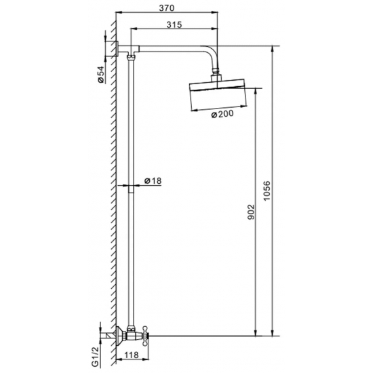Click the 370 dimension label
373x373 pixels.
coord(167,8)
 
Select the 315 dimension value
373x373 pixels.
coord(174,24)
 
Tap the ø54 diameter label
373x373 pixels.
coord(101,74)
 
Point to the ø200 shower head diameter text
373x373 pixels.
coord(222,114)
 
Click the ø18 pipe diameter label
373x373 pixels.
coord(153,181)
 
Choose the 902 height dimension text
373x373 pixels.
coord(251,212)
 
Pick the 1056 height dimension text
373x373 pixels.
coord(267,191)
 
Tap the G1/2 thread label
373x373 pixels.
coord(95,357)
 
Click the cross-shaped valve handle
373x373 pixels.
coord(145,336)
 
